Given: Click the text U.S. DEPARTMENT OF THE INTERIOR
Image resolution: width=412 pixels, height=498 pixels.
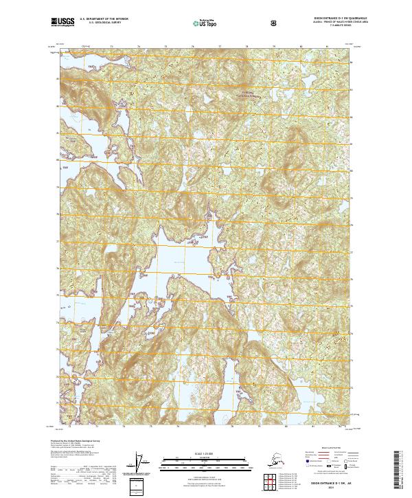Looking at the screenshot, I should pos(104,20).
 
